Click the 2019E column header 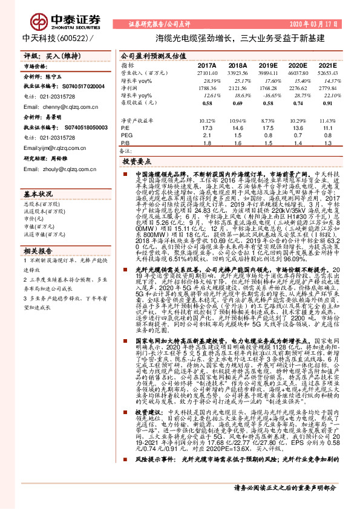[x=266, y=65]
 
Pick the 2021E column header [x=327, y=65]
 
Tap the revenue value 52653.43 [x=327, y=73]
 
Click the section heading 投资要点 [x=137, y=162]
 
